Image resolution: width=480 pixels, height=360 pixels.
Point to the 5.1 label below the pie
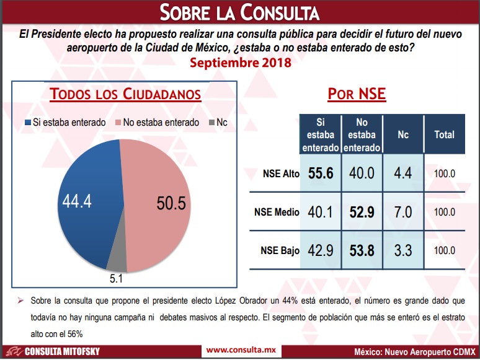point(116,279)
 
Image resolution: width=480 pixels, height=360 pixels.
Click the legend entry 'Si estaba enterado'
point(65,122)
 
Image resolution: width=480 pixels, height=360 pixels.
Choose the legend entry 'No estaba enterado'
point(158,122)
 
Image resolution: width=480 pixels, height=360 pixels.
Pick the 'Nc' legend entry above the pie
point(218,122)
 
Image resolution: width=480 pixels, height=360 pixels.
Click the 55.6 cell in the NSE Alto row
point(321,173)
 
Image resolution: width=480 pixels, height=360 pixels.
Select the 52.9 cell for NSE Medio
point(362,212)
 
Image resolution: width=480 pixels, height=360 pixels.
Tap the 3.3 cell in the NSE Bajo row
point(403,250)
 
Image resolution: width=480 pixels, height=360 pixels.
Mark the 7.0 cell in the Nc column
point(403,212)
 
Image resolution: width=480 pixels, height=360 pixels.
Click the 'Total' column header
point(444,134)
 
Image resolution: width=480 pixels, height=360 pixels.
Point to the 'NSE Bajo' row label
point(280,250)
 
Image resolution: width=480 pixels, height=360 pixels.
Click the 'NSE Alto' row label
point(281,173)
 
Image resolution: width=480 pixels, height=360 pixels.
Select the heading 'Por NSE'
point(357,94)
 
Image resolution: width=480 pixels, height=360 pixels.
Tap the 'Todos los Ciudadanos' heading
point(125,94)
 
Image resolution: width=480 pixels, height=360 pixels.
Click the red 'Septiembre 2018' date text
point(240,63)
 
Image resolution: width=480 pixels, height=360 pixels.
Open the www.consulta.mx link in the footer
point(241,350)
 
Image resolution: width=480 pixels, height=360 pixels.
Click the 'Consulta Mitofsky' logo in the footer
point(53,351)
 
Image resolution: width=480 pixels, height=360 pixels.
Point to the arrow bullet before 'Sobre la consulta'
point(20,301)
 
